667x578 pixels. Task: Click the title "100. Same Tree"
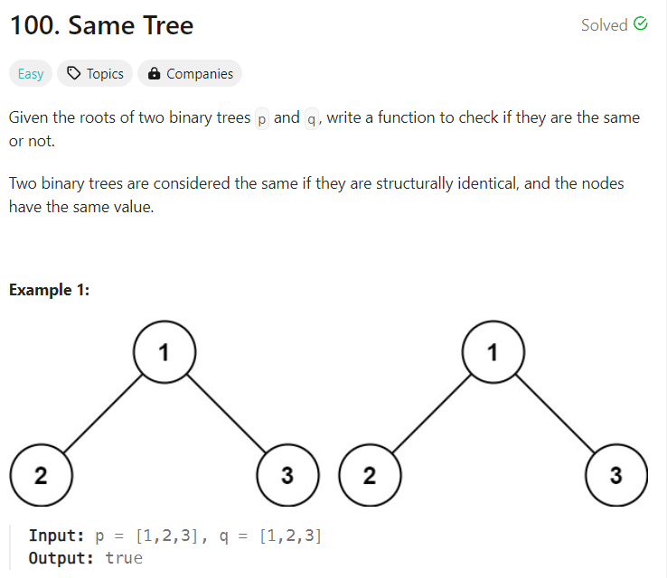click(101, 25)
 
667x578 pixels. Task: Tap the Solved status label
click(604, 25)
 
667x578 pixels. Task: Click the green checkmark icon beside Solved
click(641, 24)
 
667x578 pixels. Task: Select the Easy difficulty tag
click(31, 74)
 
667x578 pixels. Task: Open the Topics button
click(96, 74)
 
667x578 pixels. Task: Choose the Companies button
click(191, 74)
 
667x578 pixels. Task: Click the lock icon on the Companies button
click(154, 74)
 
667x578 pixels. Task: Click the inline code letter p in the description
click(263, 119)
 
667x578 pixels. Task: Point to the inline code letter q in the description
click(313, 119)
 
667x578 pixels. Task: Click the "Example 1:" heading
click(49, 290)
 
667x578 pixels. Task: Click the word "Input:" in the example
click(56, 536)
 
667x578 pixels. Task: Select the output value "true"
click(124, 557)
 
